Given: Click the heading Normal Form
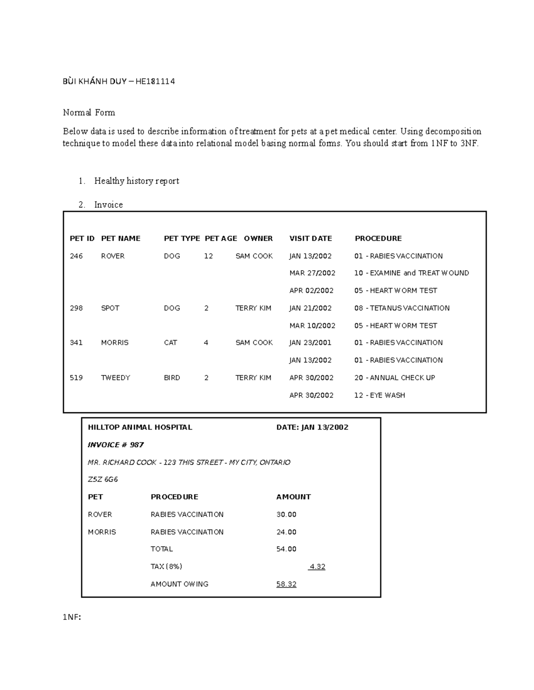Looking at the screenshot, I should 89,112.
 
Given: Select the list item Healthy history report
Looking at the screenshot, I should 136,181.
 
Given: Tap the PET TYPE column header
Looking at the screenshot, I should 182,239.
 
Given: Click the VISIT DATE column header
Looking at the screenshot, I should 310,239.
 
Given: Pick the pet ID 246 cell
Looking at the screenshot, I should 76,256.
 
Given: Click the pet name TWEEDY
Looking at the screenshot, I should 115,378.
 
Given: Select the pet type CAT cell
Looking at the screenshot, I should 170,343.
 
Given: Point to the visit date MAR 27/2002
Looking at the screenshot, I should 312,273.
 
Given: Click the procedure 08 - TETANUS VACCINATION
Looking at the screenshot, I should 401,308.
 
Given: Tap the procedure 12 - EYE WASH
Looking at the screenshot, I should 379,395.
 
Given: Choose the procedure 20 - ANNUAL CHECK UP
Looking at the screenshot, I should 394,378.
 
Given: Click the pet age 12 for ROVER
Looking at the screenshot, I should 208,256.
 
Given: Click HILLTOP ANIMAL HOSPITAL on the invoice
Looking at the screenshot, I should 140,427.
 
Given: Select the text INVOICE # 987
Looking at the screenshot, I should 116,445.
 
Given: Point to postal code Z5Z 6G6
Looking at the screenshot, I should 103,479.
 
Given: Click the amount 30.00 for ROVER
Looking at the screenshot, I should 286,515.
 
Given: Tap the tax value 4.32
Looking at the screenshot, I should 317,566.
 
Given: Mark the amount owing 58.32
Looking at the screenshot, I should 286,584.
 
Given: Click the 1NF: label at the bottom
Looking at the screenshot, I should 72,617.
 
